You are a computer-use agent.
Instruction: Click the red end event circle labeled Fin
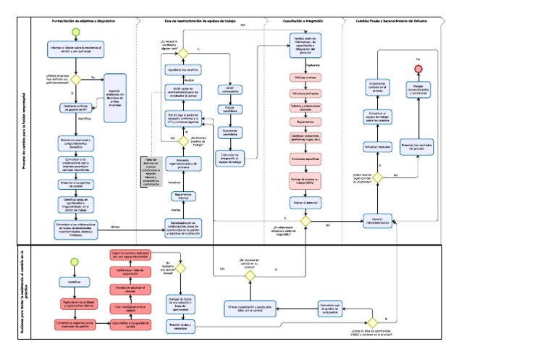click(x=418, y=67)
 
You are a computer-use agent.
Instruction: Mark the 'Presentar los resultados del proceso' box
click(x=418, y=147)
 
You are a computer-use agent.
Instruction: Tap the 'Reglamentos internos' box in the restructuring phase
click(x=183, y=196)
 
